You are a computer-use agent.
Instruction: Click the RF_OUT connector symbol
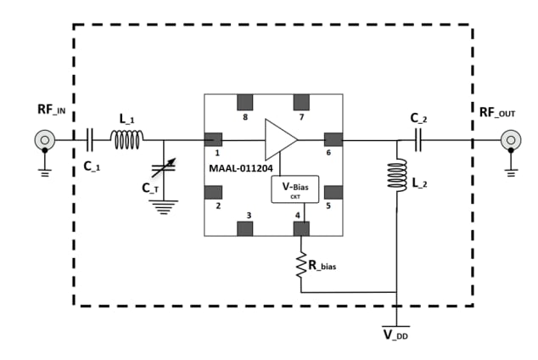tap(510, 139)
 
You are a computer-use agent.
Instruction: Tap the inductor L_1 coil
tap(127, 139)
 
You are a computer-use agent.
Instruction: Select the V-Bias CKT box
tap(294, 189)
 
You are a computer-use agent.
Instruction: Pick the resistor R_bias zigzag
tap(301, 265)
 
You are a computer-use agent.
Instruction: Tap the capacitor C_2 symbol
tap(418, 139)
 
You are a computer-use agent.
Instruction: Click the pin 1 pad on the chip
tap(213, 139)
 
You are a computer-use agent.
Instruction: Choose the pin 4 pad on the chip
tap(301, 227)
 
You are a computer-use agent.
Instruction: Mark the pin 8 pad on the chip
tap(249, 102)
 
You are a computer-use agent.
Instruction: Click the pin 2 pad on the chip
tap(213, 190)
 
